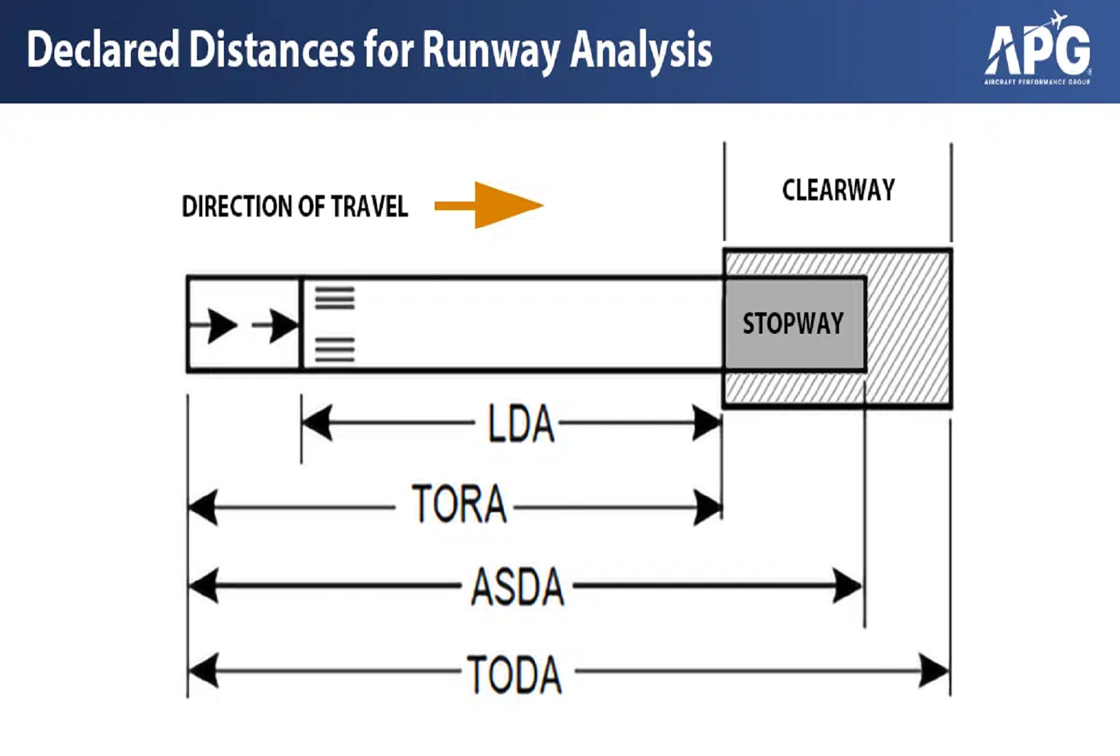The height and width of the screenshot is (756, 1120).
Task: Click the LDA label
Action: click(521, 424)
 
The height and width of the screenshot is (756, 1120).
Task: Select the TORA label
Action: click(459, 505)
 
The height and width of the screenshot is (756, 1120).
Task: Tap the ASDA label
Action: click(517, 586)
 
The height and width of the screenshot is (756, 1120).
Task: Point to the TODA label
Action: click(515, 674)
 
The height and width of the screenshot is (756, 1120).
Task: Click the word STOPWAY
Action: click(793, 324)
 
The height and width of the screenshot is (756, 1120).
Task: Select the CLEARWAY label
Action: click(838, 190)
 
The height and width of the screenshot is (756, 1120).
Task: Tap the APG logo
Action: click(1038, 50)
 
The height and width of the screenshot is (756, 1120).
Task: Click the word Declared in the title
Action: click(103, 50)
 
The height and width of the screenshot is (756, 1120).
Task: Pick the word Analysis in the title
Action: click(641, 51)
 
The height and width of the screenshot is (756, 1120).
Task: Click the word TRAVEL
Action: click(369, 207)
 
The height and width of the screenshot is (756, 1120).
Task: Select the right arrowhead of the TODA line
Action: click(934, 671)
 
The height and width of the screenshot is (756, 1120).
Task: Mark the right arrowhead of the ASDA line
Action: click(848, 585)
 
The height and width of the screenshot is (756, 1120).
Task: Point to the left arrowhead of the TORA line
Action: click(203, 507)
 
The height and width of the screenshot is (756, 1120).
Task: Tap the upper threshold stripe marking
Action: click(334, 298)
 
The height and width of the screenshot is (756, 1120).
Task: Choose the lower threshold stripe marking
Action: click(334, 350)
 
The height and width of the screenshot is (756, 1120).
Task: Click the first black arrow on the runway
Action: click(221, 325)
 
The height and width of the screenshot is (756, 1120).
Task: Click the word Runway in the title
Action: click(490, 51)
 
